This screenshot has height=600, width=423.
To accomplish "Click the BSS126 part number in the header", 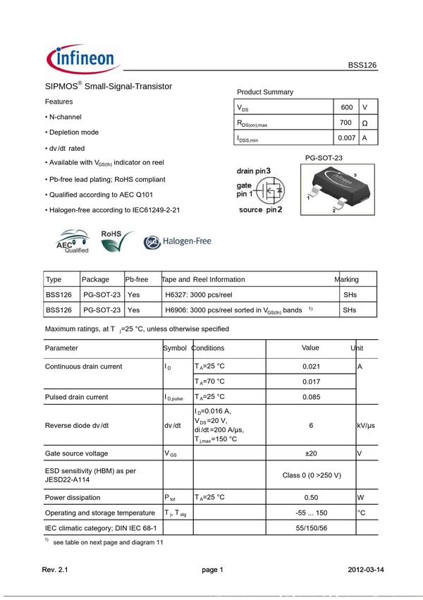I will (x=362, y=65).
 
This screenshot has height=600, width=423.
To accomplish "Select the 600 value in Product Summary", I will (x=346, y=107).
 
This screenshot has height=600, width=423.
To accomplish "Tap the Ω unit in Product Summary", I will (x=364, y=123).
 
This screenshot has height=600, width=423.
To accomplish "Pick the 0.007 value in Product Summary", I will (x=346, y=138).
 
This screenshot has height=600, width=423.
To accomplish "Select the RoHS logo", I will (x=117, y=240).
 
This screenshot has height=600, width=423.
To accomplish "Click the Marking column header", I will (x=347, y=279).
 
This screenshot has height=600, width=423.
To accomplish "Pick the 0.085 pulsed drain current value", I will (x=311, y=397).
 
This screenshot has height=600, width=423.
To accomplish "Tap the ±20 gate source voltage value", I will (x=311, y=453).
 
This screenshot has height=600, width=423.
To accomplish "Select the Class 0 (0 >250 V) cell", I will (x=311, y=475).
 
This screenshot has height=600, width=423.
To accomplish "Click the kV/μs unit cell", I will (x=366, y=426).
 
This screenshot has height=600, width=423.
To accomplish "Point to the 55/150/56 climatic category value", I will (x=311, y=527).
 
